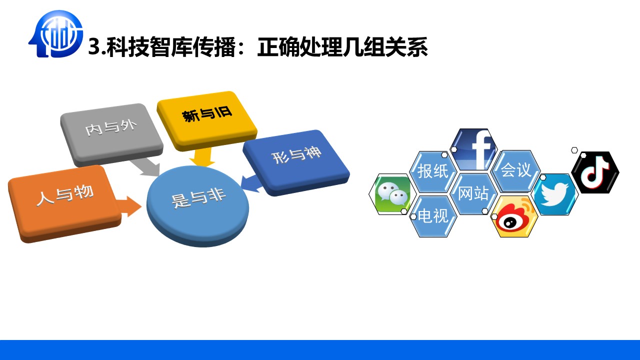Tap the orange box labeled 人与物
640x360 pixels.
pos(64,203)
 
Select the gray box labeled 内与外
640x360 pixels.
pos(111,134)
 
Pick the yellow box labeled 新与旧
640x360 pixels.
pos(207,120)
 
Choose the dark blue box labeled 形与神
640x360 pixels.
pos(296,162)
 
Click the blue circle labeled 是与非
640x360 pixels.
pos(197,205)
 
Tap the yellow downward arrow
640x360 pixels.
pos(202,157)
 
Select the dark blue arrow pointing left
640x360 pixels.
pos(252,183)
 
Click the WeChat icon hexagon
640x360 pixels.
pos(392,194)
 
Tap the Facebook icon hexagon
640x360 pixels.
pos(473,149)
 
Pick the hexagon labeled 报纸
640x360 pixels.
pos(433,171)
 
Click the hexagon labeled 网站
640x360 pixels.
pos(473,193)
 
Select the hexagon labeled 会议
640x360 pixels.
pos(515,171)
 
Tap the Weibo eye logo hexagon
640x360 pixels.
pos(514,216)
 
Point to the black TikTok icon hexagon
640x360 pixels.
pos(595,172)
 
